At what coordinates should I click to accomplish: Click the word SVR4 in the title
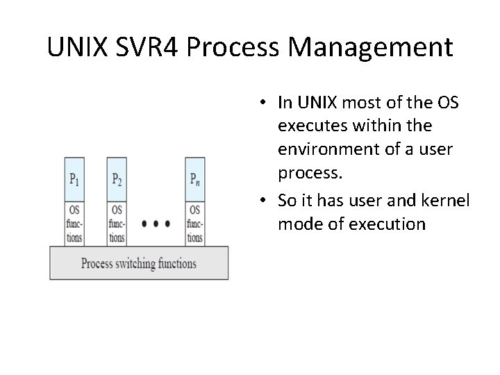tap(150, 47)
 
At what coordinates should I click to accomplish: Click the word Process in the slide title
tap(235, 47)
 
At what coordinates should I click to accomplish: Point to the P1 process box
tap(74, 179)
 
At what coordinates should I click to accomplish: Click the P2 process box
tap(117, 179)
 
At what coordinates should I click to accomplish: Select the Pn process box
tap(195, 179)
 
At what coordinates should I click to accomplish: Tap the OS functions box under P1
tap(74, 223)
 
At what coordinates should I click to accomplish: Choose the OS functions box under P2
tap(117, 223)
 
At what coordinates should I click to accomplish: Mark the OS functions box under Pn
tap(195, 223)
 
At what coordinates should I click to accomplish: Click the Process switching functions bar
tap(139, 264)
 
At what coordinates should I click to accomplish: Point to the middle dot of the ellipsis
tap(156, 224)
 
